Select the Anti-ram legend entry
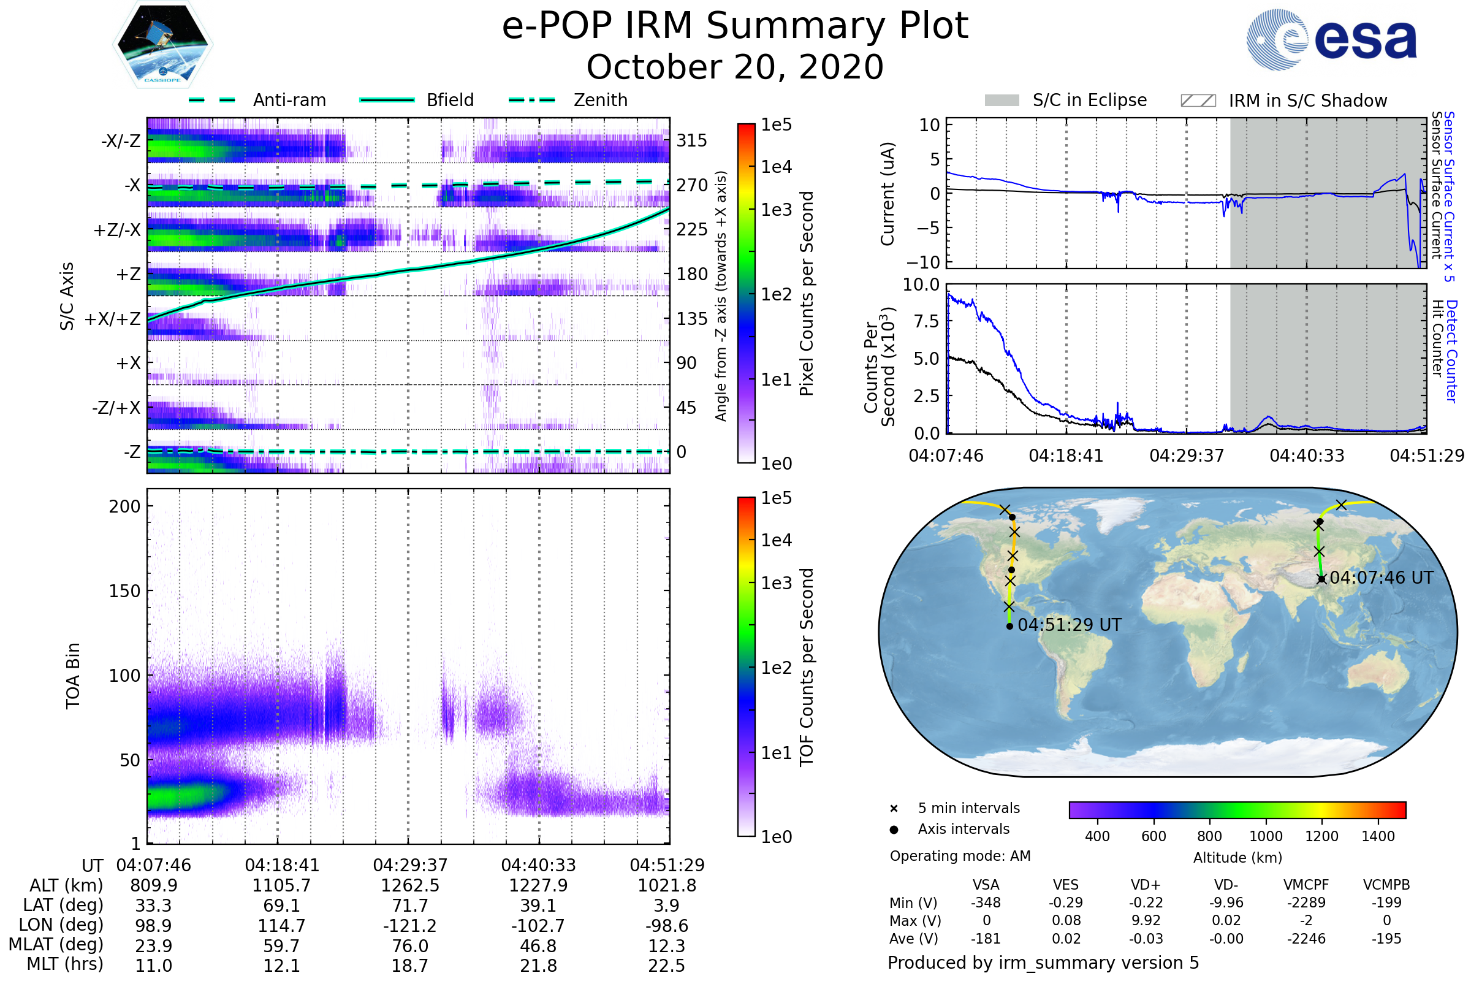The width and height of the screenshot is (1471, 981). [289, 100]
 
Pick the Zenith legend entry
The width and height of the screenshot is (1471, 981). [601, 100]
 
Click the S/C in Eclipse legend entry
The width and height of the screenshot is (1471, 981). [1089, 100]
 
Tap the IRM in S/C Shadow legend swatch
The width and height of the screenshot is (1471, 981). [1198, 101]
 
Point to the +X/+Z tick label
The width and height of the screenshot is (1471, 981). [113, 319]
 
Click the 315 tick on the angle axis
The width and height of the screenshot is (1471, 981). [692, 140]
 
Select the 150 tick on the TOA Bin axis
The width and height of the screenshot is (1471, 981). [124, 591]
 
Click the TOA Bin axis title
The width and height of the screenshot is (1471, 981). [72, 676]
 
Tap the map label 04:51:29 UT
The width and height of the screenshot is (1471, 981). [1070, 625]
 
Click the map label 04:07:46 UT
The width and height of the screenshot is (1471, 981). [1381, 578]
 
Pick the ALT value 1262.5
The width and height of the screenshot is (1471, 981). [410, 886]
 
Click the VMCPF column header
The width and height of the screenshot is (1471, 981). [1306, 885]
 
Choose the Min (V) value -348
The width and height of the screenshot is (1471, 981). [986, 903]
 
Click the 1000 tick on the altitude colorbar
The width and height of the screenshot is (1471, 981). [1265, 836]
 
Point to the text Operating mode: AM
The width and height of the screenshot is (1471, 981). [960, 856]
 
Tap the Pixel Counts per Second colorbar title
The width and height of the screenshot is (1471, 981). [807, 294]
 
